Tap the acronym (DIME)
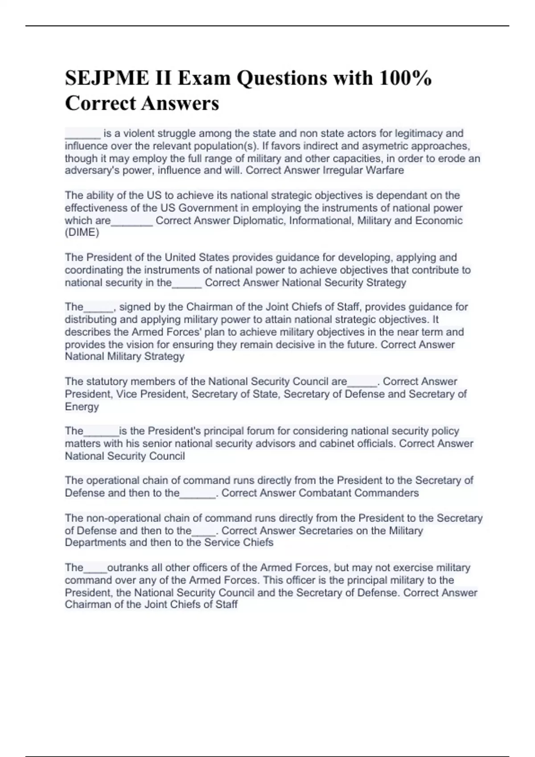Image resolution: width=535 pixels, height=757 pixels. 82,232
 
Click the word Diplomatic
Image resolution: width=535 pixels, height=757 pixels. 260,220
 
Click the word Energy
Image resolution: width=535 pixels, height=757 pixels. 82,407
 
